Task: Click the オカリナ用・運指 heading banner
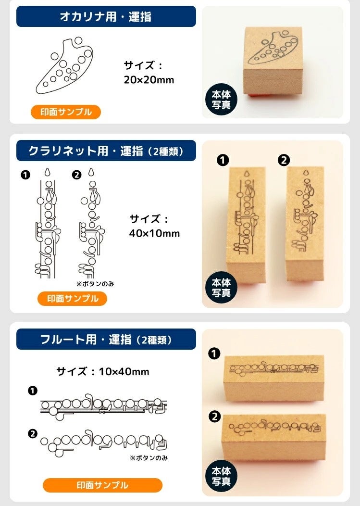106,16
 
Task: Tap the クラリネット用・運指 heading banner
106,151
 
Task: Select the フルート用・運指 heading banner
106,339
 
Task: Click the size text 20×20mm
149,80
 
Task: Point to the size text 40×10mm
154,233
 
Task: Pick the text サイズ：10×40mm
103,371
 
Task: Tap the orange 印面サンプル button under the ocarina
66,112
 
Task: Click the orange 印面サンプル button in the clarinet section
72,299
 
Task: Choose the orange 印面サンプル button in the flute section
102,485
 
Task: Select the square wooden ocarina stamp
273,61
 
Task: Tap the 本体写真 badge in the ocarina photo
221,100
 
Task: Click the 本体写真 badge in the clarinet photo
221,288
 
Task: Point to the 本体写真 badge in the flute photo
221,476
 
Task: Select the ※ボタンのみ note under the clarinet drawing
95,284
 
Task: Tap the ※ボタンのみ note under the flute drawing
149,458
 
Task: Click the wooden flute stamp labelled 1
273,378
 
